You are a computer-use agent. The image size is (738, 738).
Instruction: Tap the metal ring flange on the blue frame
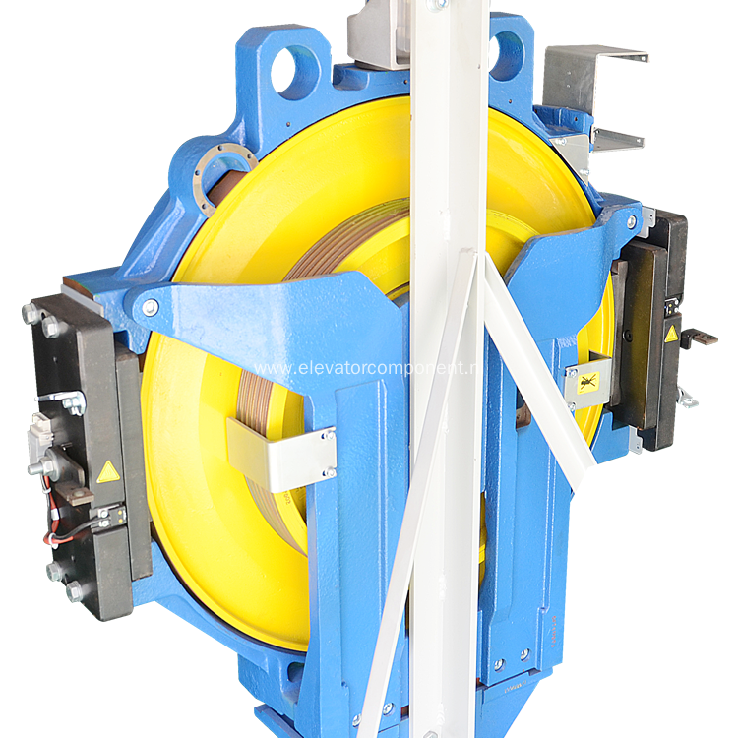coord(223,179)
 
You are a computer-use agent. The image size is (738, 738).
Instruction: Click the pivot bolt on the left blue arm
coord(150,308)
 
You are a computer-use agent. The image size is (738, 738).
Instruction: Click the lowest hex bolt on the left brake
coord(75,590)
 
